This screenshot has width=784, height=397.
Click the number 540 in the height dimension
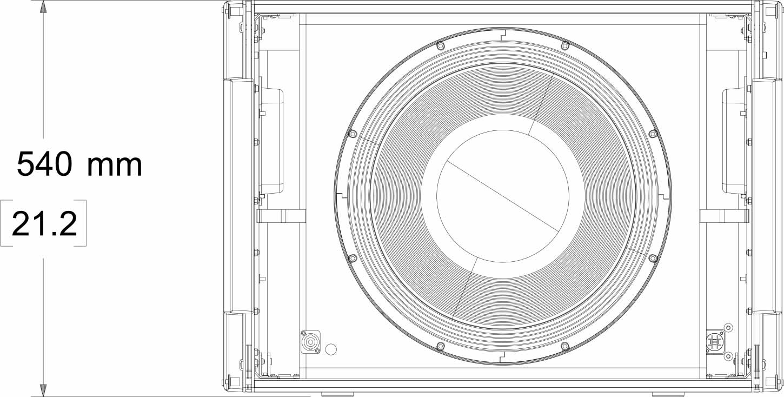(44, 164)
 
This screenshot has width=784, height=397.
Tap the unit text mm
(115, 166)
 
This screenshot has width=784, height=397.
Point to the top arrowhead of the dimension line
(43, 7)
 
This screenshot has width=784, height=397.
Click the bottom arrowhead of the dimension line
(43, 391)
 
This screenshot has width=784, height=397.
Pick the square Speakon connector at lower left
(310, 342)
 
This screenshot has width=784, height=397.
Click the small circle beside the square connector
(331, 349)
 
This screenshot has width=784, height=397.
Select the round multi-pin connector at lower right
(714, 342)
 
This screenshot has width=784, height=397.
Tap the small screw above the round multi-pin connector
(728, 327)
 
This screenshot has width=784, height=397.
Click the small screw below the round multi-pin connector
(728, 356)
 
